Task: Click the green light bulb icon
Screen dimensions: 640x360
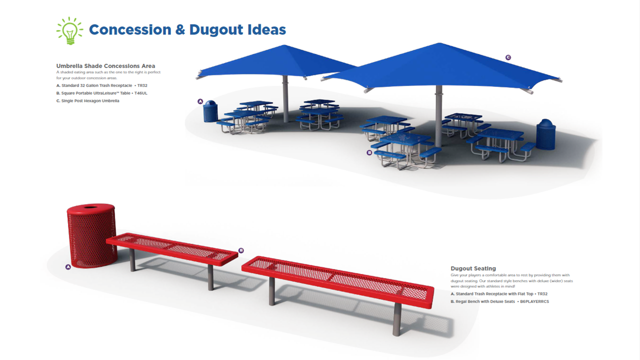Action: pyautogui.click(x=69, y=31)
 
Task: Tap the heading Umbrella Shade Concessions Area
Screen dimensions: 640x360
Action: pyautogui.click(x=105, y=66)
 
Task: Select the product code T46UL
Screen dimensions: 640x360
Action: pyautogui.click(x=141, y=93)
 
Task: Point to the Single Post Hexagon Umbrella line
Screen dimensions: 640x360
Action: pyautogui.click(x=87, y=101)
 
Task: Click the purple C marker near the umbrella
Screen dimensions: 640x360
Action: pyautogui.click(x=508, y=57)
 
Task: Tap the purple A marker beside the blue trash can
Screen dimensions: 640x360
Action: pyautogui.click(x=200, y=101)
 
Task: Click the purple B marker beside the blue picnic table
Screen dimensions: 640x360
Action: pyautogui.click(x=369, y=152)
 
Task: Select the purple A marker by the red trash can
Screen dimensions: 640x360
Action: pyautogui.click(x=68, y=267)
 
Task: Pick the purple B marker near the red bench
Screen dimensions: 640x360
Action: pyautogui.click(x=241, y=250)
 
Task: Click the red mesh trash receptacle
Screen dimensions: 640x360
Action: pyautogui.click(x=91, y=235)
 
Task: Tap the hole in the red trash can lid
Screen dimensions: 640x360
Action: pyautogui.click(x=91, y=206)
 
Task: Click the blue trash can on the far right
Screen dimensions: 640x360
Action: pyautogui.click(x=545, y=134)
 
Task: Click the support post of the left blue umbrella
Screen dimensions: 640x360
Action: pyautogui.click(x=285, y=99)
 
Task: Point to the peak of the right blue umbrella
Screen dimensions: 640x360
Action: pyautogui.click(x=439, y=43)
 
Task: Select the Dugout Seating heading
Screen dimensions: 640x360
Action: pyautogui.click(x=473, y=268)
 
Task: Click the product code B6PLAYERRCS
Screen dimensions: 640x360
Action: pyautogui.click(x=534, y=301)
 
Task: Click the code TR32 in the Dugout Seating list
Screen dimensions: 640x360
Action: pyautogui.click(x=542, y=293)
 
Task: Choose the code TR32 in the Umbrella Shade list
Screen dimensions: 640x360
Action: pyautogui.click(x=142, y=85)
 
